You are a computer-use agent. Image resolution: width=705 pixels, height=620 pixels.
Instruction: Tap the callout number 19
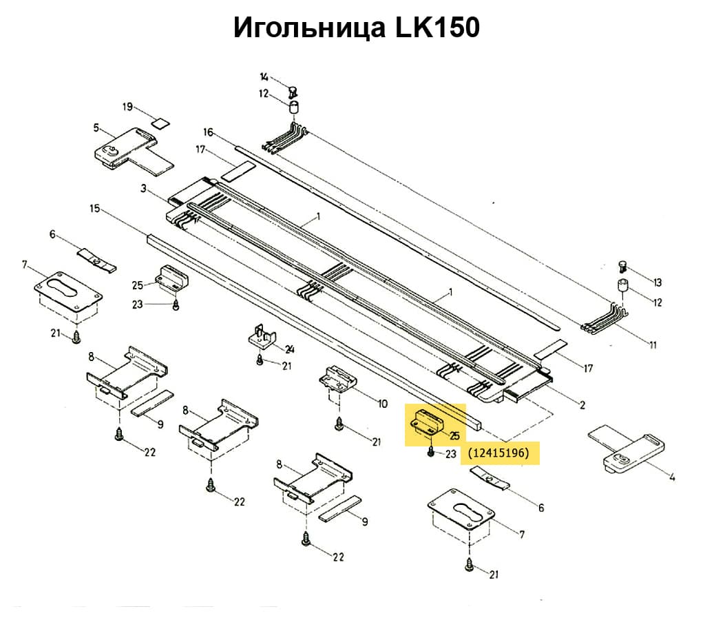(x=127, y=107)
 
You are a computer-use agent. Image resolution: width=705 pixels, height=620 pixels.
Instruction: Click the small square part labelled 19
(x=160, y=124)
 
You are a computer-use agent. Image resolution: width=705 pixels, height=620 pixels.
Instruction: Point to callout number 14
(x=264, y=77)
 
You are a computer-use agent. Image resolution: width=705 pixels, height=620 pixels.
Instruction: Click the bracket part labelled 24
(x=262, y=338)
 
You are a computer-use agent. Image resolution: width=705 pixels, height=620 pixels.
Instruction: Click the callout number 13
(x=657, y=282)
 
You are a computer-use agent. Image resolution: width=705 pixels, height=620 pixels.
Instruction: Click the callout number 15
(x=95, y=207)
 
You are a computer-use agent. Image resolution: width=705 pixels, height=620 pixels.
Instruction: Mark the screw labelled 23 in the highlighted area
(x=430, y=451)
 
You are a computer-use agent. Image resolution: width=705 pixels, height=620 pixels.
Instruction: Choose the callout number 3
(x=143, y=188)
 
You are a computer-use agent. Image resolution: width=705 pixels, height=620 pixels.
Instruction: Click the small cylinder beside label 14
(x=294, y=107)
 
